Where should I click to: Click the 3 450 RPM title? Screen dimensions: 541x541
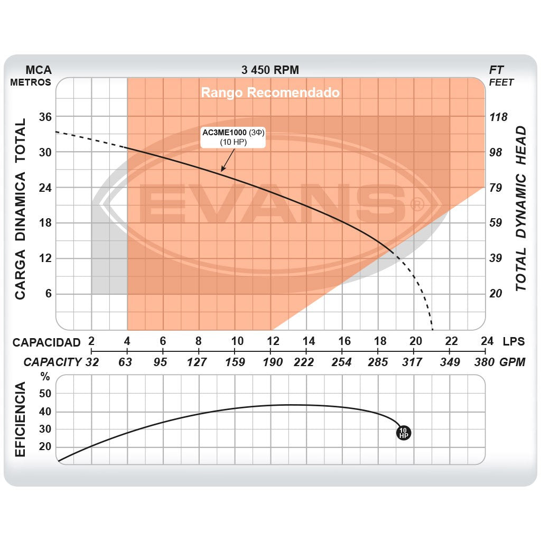coord(270,70)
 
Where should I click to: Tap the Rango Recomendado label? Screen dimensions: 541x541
coord(270,93)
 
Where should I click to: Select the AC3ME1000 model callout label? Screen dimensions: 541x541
coord(233,137)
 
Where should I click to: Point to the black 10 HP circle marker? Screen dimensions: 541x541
coord(403,433)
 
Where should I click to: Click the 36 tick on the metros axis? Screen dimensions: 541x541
coord(44,116)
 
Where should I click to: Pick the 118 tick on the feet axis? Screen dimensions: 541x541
coord(498,117)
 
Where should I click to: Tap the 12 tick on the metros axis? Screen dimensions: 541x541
coord(44,258)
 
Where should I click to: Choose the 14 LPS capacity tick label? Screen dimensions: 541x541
coord(309,341)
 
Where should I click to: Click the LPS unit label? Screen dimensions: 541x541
coord(514,341)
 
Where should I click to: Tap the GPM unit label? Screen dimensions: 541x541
coord(512,362)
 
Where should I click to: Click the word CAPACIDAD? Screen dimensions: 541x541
coord(46,342)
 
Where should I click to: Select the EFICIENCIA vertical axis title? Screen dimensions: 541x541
coord(20,421)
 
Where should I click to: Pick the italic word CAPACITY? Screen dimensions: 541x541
coord(52,362)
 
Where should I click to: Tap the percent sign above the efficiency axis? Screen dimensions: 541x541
coord(45,377)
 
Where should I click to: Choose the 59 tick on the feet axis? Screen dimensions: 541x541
coord(496,223)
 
